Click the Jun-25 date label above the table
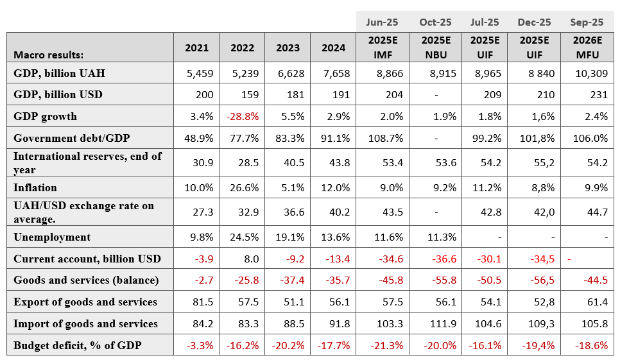382,22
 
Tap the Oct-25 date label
435,22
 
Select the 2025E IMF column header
383,47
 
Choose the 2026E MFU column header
587,47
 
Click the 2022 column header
242,48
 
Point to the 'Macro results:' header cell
49,55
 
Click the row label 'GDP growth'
45,117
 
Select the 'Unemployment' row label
52,237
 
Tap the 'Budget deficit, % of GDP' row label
78,345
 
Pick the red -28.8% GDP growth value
243,117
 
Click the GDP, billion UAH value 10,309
592,74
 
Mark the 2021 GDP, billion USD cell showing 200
205,95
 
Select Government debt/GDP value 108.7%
386,139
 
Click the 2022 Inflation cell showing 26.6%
245,188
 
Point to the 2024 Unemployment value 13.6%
335,237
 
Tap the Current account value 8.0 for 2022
252,259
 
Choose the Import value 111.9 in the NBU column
443,324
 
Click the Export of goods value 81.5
203,302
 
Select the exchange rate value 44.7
598,212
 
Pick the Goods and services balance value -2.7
204,280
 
